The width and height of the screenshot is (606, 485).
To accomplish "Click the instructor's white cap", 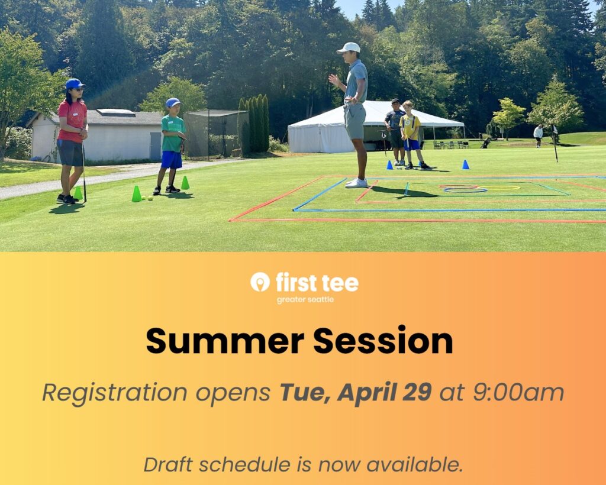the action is pyautogui.click(x=349, y=48).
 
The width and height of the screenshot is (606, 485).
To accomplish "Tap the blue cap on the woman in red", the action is pyautogui.click(x=75, y=84).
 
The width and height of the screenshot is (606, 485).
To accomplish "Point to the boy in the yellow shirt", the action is pyautogui.click(x=412, y=135).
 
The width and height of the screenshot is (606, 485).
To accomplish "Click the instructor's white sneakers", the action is pyautogui.click(x=356, y=183).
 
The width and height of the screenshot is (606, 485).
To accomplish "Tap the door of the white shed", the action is pyautogui.click(x=156, y=146).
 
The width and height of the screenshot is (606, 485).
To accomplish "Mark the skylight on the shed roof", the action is pyautogui.click(x=115, y=112).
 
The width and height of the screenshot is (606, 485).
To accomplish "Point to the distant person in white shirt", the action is pyautogui.click(x=538, y=135).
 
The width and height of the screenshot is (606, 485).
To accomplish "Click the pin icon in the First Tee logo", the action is pyautogui.click(x=260, y=282).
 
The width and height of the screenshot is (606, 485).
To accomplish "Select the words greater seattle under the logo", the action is pyautogui.click(x=305, y=300).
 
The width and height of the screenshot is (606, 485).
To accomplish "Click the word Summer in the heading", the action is pyautogui.click(x=225, y=341).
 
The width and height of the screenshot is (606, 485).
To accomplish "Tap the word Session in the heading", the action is pyautogui.click(x=383, y=340).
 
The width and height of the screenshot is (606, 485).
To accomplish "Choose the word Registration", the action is pyautogui.click(x=114, y=393).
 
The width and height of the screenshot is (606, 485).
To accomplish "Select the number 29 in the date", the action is pyautogui.click(x=417, y=392).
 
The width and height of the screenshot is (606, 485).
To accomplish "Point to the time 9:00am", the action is pyautogui.click(x=518, y=392).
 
